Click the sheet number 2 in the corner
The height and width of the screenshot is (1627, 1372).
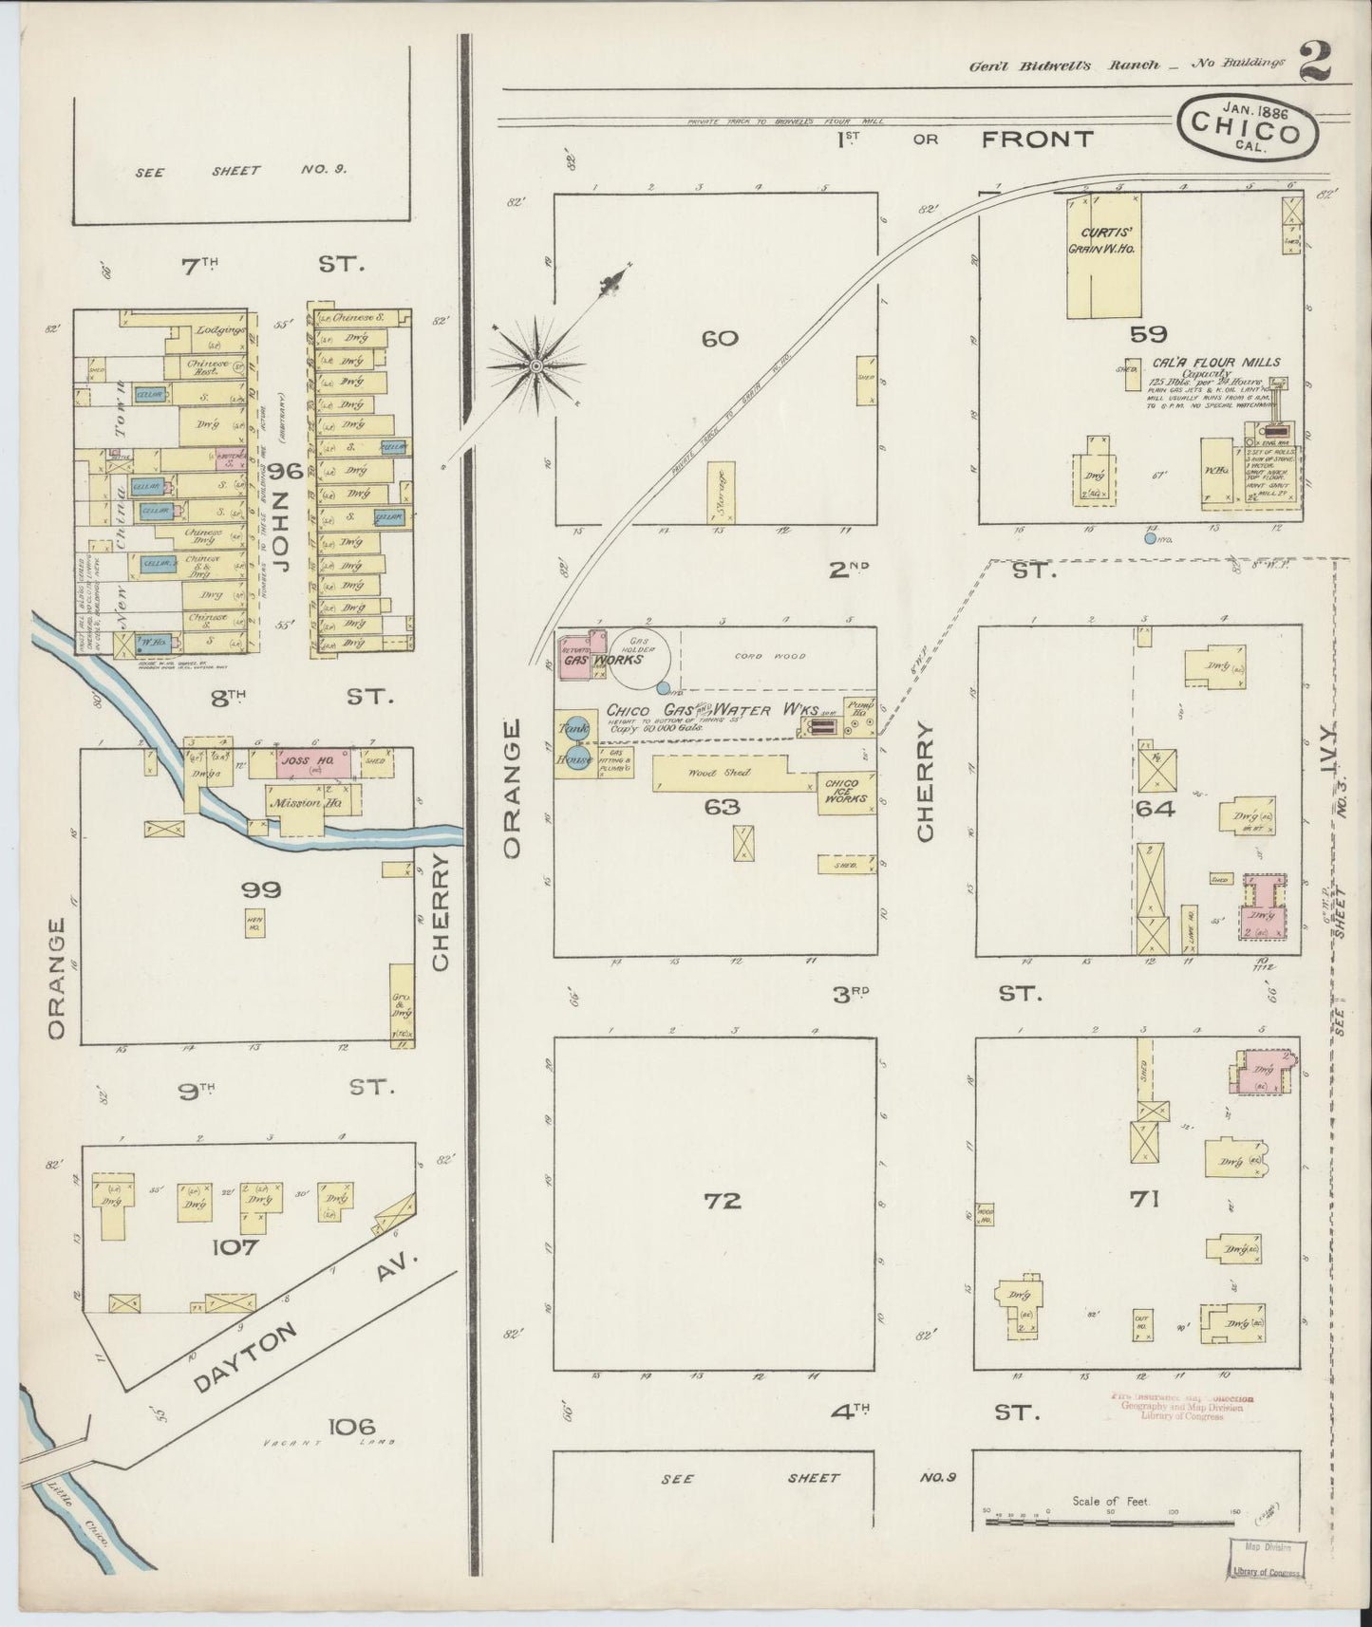pos(1314,62)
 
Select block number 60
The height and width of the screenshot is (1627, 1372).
pos(720,338)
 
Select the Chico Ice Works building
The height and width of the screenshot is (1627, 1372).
pos(847,791)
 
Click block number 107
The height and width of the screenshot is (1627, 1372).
pos(235,1246)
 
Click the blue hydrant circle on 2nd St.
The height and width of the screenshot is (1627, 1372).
pos(1150,538)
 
